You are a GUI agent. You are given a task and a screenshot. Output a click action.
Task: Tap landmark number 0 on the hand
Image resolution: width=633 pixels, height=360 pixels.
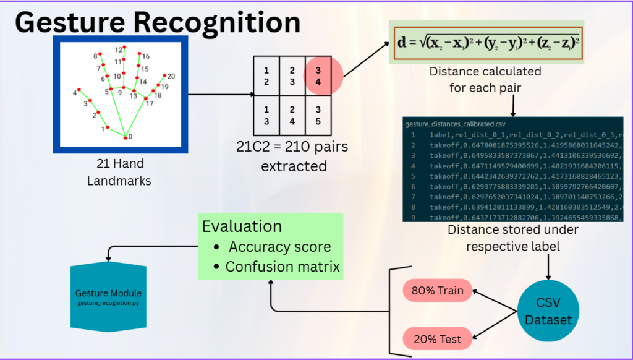click(x=125, y=137)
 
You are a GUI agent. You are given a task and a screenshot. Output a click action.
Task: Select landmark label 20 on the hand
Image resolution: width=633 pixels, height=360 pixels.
click(x=171, y=76)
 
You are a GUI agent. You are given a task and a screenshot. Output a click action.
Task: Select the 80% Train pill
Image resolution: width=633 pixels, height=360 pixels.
click(x=438, y=290)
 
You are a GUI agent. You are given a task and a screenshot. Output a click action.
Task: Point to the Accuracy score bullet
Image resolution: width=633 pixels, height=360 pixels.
click(x=279, y=247)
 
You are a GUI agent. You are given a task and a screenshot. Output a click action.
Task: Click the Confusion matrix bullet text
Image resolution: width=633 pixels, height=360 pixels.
click(x=283, y=267)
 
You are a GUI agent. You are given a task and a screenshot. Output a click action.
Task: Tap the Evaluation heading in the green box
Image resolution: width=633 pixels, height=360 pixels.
click(x=242, y=226)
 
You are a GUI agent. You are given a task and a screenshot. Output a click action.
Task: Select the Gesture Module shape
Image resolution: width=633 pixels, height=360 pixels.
click(x=109, y=297)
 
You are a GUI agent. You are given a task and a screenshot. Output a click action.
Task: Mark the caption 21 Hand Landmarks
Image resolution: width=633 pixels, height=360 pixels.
click(x=120, y=173)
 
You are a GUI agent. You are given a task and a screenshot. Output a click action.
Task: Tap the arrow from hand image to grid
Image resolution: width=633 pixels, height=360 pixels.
click(x=219, y=95)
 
